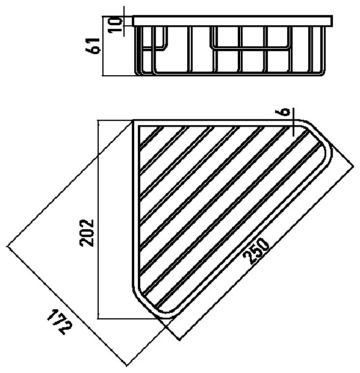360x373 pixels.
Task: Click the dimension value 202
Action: click(x=87, y=232)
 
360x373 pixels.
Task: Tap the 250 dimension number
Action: click(x=256, y=251)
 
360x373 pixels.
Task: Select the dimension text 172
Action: click(x=59, y=322)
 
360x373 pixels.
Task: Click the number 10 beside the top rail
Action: click(x=115, y=25)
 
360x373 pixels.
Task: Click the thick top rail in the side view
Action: click(x=232, y=21)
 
